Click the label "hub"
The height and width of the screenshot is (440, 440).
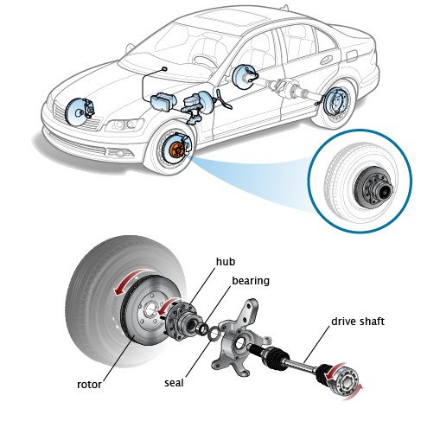tap(226, 262)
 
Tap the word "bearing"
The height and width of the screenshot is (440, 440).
tap(251, 281)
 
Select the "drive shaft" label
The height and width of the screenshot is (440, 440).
tap(358, 322)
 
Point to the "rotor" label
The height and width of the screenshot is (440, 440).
tap(89, 385)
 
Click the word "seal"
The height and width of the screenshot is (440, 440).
tap(174, 383)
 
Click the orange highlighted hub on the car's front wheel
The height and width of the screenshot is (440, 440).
tap(175, 150)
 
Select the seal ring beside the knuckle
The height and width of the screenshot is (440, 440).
tap(214, 334)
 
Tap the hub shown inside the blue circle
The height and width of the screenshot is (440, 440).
tap(373, 188)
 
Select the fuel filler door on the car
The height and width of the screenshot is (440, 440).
tap(352, 56)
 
